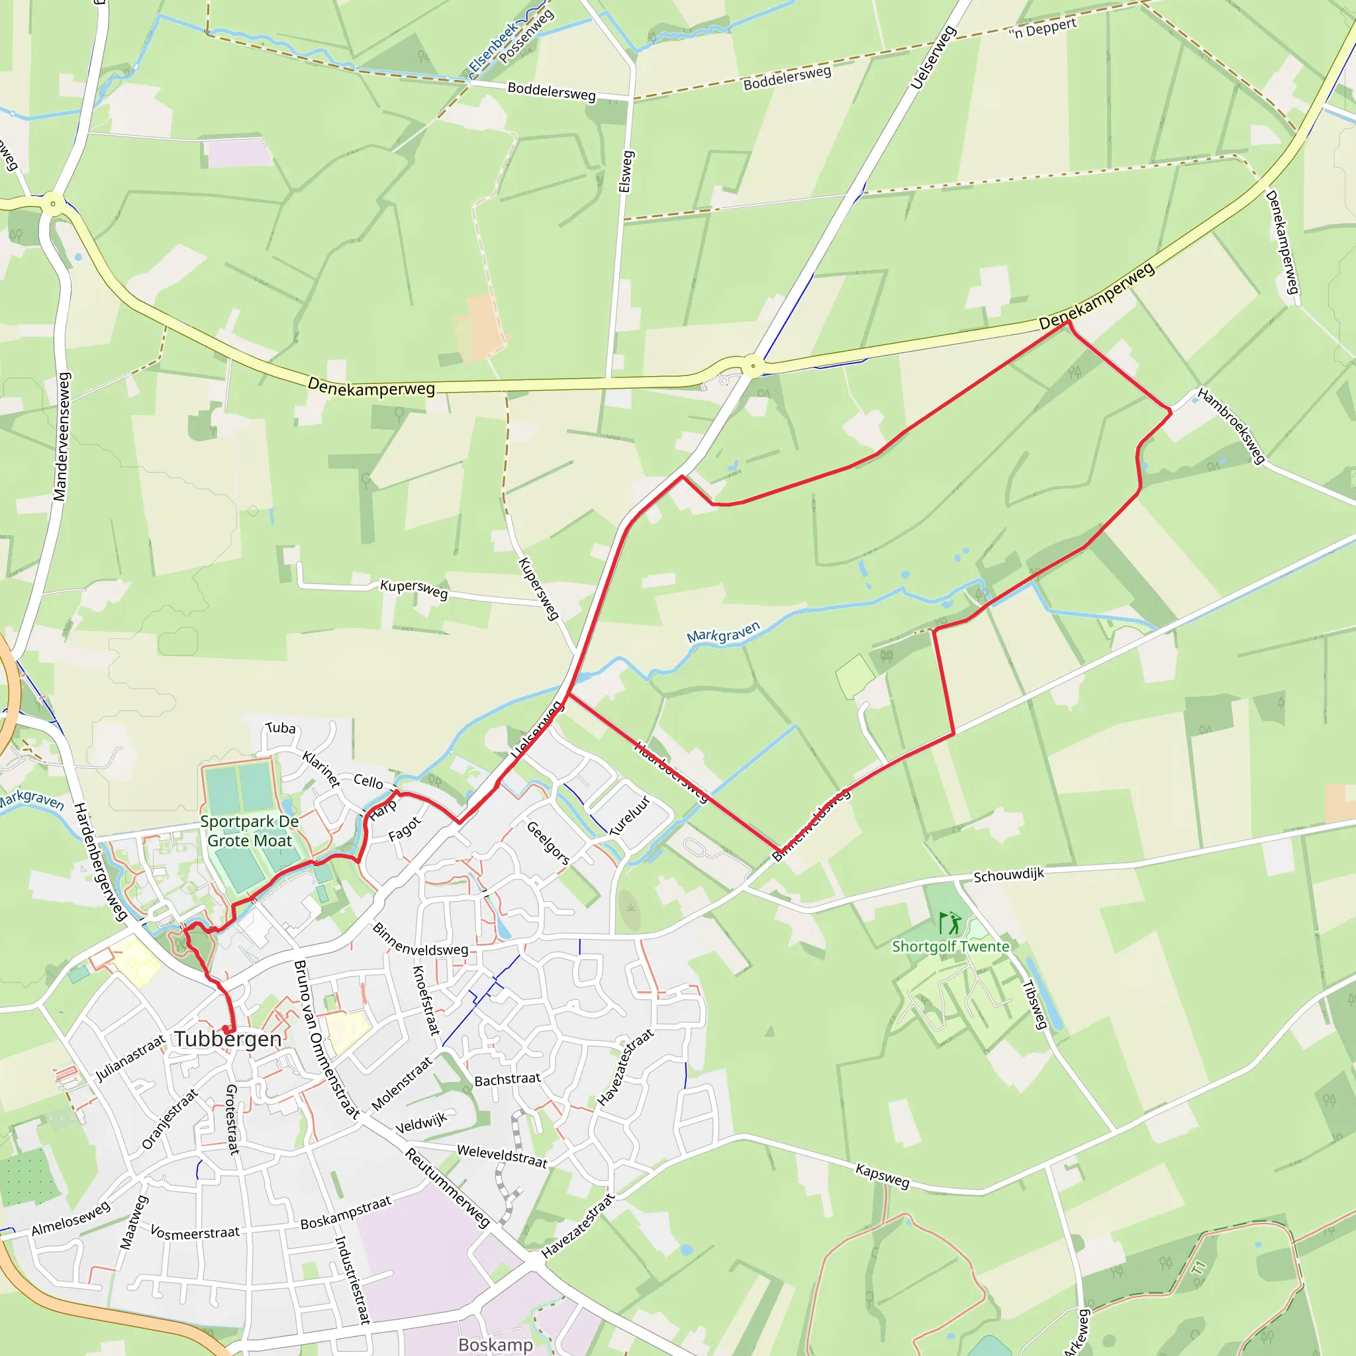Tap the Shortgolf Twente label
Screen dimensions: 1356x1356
tap(950, 946)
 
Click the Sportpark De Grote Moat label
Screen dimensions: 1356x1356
tap(249, 831)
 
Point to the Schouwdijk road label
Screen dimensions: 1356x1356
tap(1008, 875)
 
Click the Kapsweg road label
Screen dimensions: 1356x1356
tap(882, 1175)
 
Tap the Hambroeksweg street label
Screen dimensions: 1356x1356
tap(1231, 425)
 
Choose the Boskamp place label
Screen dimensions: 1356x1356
tap(495, 1344)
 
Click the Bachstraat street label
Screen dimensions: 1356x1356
tap(507, 1079)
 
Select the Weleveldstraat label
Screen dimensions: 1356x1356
tap(502, 1156)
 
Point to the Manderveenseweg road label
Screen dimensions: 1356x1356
tap(62, 436)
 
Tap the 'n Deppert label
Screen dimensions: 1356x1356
tap(1043, 28)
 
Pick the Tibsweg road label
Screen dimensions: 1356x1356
tap(1035, 1004)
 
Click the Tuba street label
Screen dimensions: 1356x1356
tap(281, 728)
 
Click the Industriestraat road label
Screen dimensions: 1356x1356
tap(352, 1279)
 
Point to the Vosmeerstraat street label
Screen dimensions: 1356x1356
tap(195, 1233)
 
